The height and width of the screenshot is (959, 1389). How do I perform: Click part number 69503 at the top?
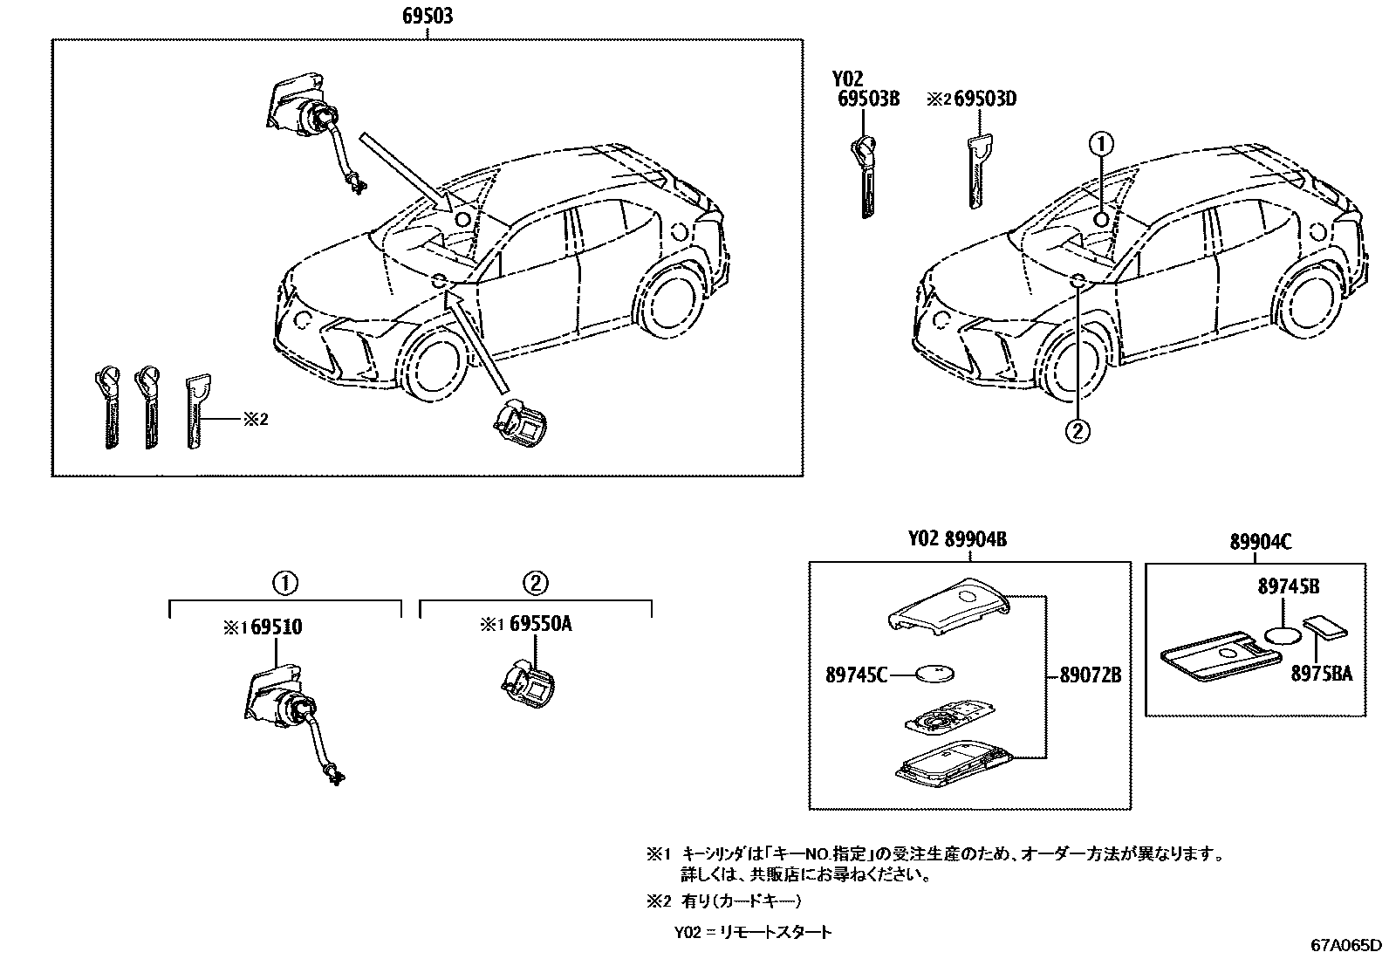[x=428, y=16]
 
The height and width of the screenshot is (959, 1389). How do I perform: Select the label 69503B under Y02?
[x=867, y=99]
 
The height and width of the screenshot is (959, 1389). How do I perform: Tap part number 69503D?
[x=985, y=99]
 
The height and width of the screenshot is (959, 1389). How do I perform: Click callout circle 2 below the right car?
[x=1078, y=429]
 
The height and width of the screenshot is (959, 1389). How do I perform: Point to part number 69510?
[x=277, y=627]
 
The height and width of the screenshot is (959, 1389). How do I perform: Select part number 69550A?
[x=541, y=625]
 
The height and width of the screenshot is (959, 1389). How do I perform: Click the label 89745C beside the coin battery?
[x=857, y=674]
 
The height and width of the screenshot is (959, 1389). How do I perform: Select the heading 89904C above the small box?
[x=1261, y=542]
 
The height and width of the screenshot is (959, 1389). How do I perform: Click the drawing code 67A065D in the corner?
[x=1345, y=946]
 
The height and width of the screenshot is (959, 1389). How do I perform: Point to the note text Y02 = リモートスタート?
[x=752, y=932]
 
